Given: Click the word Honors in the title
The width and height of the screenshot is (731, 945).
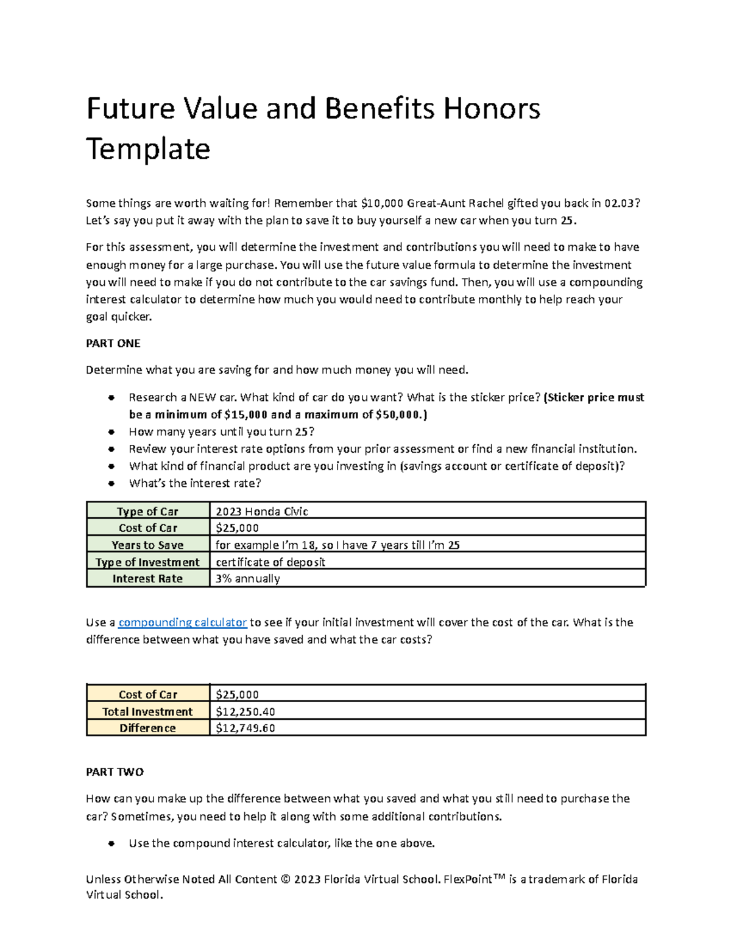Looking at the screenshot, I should [491, 109].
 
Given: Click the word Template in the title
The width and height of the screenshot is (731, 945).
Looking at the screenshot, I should [148, 149].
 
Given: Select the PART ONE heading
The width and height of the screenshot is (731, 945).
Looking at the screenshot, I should [113, 343].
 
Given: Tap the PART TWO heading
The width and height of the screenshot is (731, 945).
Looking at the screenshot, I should [115, 772].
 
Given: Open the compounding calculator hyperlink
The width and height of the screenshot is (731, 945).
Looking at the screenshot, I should [182, 622].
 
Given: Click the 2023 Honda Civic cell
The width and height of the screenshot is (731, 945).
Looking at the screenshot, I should [262, 511].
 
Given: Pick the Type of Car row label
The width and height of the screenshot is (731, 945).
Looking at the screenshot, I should [147, 511].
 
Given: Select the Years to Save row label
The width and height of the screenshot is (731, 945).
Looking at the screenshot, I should [147, 545].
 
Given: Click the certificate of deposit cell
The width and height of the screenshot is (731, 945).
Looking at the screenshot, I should [270, 562].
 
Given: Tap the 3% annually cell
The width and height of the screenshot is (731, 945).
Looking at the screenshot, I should [247, 579].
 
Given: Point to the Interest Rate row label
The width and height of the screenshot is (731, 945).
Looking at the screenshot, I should [147, 579].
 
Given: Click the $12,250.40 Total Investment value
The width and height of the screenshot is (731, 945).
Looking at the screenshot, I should [245, 711].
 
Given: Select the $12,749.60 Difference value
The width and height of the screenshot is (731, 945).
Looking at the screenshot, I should [245, 728].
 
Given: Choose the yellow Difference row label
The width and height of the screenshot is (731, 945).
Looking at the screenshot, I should [147, 728].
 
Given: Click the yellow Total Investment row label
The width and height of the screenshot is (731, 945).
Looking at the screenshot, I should [147, 711].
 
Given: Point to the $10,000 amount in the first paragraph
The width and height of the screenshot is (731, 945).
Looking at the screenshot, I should [382, 203].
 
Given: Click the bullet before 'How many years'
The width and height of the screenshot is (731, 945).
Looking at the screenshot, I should [111, 432].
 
